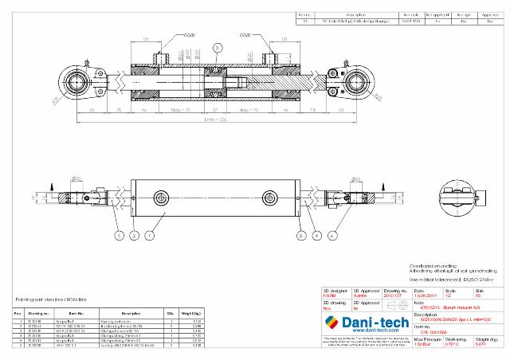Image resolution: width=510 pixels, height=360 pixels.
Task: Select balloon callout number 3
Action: pyautogui.click(x=217, y=49)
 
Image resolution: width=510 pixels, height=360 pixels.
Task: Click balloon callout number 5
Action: pyautogui.click(x=117, y=237)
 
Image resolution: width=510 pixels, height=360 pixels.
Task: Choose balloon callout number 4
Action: pyautogui.click(x=316, y=237)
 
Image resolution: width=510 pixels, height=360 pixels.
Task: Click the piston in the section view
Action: pyautogui.click(x=215, y=83)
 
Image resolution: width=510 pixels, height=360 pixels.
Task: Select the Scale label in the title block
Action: pyautogui.click(x=451, y=291)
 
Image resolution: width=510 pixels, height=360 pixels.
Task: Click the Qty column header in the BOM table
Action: pyautogui.click(x=170, y=313)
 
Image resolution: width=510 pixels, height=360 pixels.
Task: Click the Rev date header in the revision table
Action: pyautogui.click(x=410, y=14)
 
